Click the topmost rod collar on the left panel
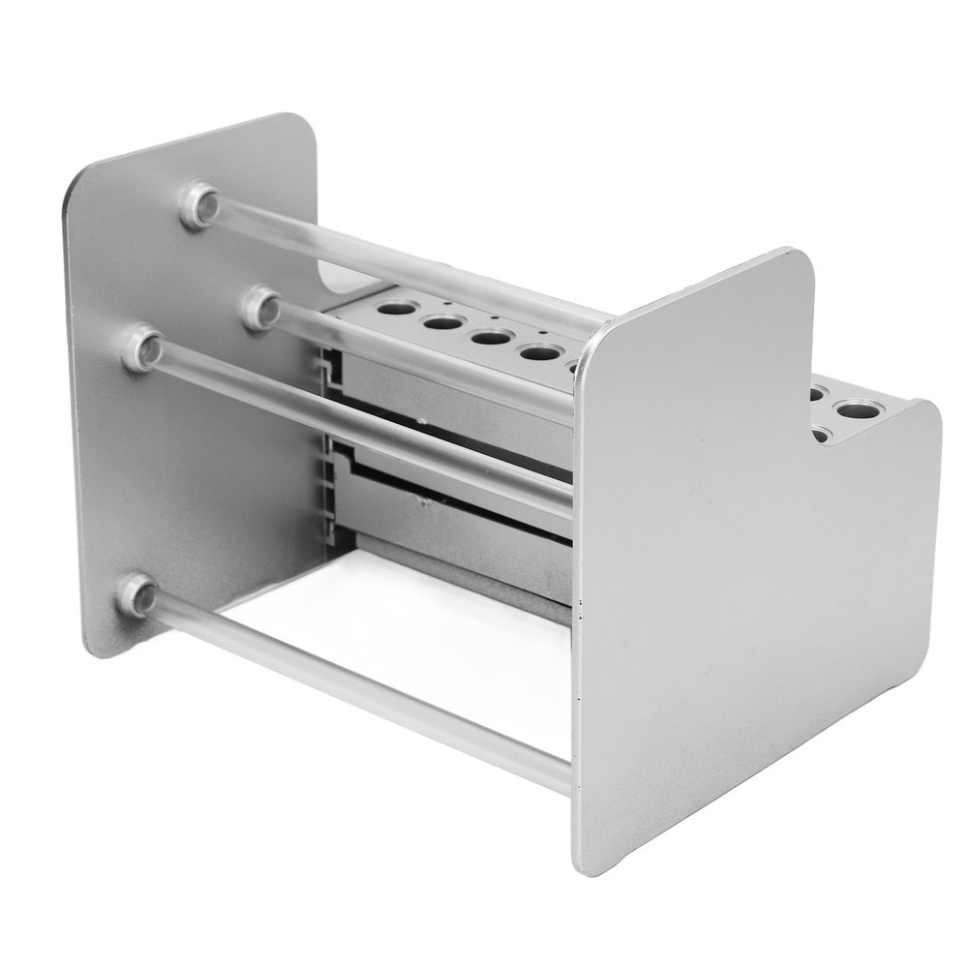199,204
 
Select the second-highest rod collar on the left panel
257,307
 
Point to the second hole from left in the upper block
440,324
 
